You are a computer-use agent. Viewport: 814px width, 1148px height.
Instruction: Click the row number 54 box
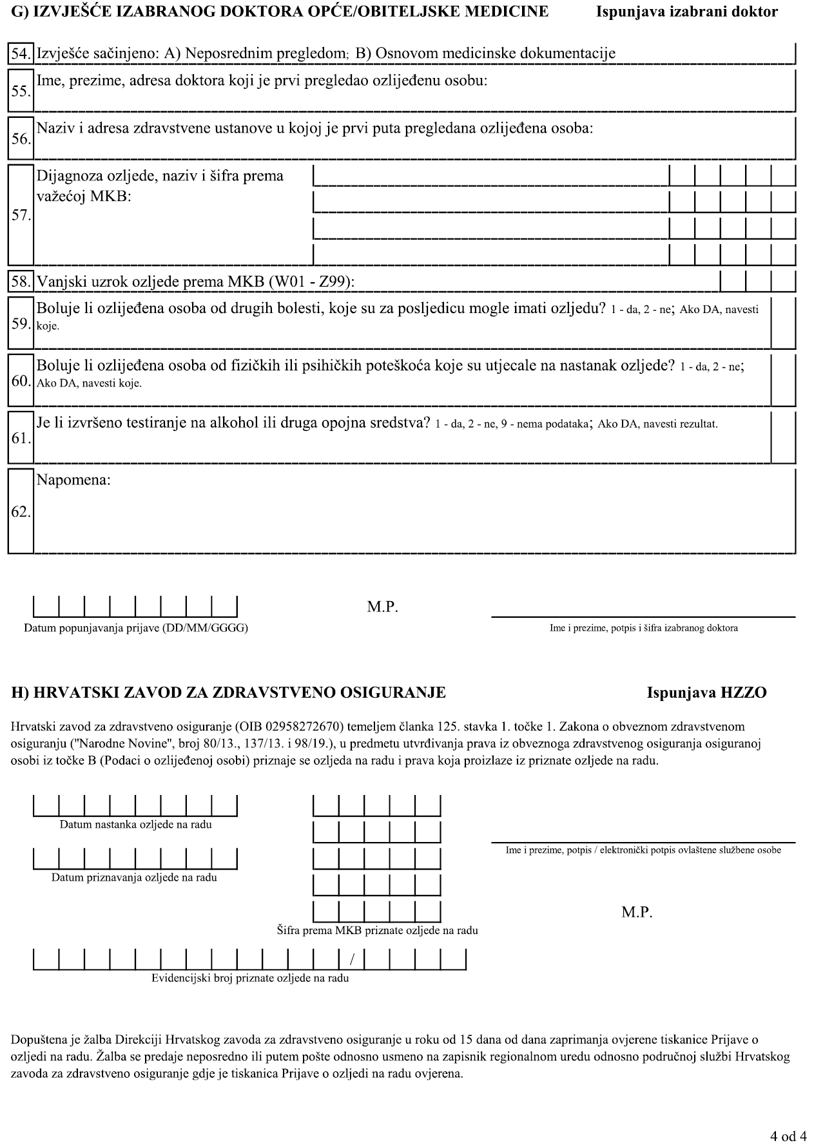point(21,53)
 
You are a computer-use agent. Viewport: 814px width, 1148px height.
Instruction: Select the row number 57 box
point(21,215)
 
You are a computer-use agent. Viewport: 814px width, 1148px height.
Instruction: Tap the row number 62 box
point(21,512)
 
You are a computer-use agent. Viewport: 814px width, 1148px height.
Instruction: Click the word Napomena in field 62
point(73,480)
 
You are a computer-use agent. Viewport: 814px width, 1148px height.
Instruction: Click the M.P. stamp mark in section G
point(383,607)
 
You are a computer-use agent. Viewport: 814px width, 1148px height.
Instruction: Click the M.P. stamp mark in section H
point(637,912)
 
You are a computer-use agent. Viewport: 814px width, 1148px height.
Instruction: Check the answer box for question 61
point(783,437)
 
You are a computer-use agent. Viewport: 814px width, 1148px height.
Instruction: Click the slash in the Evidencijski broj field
point(351,960)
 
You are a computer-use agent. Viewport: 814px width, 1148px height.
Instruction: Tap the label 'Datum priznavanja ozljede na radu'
point(134,877)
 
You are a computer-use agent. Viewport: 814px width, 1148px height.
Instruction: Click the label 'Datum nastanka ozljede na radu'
point(135,825)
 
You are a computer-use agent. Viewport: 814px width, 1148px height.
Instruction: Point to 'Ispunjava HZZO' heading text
point(707,693)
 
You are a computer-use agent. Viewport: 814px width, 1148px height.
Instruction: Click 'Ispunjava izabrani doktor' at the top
point(687,12)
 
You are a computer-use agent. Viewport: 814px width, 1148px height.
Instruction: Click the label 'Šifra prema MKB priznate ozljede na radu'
point(377,930)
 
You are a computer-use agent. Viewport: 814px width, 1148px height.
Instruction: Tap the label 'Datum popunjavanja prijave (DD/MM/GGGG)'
point(135,628)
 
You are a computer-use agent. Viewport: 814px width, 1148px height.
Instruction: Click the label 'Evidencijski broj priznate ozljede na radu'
point(250,978)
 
